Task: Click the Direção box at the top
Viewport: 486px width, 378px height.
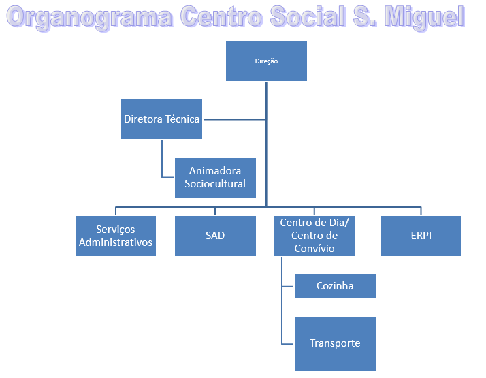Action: tap(266, 61)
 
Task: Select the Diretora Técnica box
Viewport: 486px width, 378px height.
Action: tap(161, 119)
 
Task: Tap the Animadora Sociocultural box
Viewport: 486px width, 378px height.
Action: tap(215, 178)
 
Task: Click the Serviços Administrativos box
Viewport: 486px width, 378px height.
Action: tap(116, 236)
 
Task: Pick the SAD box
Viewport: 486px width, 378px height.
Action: tap(215, 236)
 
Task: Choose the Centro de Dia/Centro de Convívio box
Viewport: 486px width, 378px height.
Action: tap(314, 236)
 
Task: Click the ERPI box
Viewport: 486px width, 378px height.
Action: tap(421, 236)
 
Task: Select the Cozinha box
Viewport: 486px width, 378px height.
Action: tap(335, 286)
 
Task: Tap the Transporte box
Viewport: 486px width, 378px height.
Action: tap(335, 343)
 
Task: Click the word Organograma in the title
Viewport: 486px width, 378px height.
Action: tap(88, 17)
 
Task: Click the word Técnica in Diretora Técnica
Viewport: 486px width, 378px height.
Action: tap(182, 119)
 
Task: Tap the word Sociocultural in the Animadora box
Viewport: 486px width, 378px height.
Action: tap(215, 184)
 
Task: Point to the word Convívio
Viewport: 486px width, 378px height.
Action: tap(314, 248)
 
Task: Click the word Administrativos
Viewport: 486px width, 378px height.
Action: tap(116, 242)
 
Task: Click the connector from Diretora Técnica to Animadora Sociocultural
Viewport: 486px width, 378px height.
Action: tap(163, 163)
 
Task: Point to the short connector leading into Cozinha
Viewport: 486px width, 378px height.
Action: tap(288, 286)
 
